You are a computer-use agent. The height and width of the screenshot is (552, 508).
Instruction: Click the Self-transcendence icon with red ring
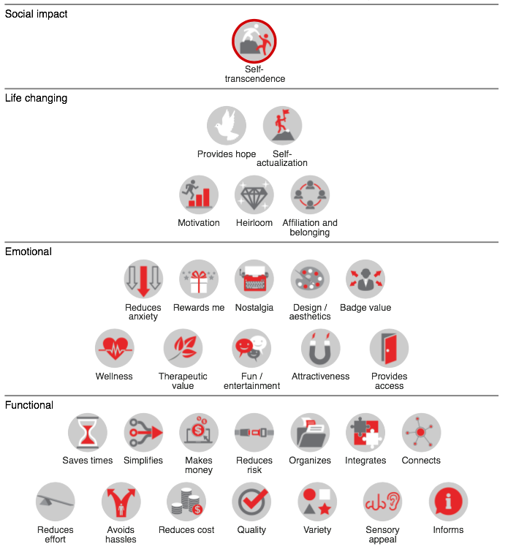pyautogui.click(x=254, y=42)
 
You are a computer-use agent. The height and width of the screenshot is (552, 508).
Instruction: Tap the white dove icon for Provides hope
pyautogui.click(x=227, y=126)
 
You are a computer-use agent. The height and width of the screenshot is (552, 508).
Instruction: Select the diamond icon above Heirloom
pyautogui.click(x=254, y=194)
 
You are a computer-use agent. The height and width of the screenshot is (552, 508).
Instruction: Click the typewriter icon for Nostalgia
pyautogui.click(x=254, y=279)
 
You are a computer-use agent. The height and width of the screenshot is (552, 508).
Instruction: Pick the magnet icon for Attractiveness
pyautogui.click(x=320, y=348)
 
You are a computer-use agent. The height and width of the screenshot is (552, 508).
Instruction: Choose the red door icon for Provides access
pyautogui.click(x=389, y=348)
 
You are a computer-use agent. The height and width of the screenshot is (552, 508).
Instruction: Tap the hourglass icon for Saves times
pyautogui.click(x=88, y=433)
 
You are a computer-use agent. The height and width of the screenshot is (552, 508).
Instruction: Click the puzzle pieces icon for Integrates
pyautogui.click(x=365, y=433)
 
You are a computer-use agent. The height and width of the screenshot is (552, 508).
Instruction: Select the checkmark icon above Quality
pyautogui.click(x=251, y=502)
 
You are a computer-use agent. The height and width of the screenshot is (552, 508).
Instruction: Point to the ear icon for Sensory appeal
pyautogui.click(x=382, y=502)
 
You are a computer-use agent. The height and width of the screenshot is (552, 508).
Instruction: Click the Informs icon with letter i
pyautogui.click(x=448, y=502)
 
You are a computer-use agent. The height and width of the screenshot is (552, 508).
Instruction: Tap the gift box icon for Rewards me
pyautogui.click(x=199, y=279)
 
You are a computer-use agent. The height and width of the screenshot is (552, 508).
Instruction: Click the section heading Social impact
pyautogui.click(x=36, y=14)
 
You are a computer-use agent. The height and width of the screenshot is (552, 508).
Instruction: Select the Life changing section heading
pyautogui.click(x=36, y=98)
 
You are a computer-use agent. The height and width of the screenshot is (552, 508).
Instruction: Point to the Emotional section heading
pyautogui.click(x=29, y=252)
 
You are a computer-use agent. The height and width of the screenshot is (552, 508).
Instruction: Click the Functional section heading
pyautogui.click(x=29, y=405)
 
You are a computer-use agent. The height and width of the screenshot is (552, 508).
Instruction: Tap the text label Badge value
pyautogui.click(x=365, y=308)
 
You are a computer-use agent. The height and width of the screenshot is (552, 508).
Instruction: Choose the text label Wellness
pyautogui.click(x=114, y=377)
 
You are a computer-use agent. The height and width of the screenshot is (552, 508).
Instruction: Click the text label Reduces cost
pyautogui.click(x=186, y=530)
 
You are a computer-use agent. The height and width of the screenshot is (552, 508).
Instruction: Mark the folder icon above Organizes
pyautogui.click(x=310, y=433)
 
